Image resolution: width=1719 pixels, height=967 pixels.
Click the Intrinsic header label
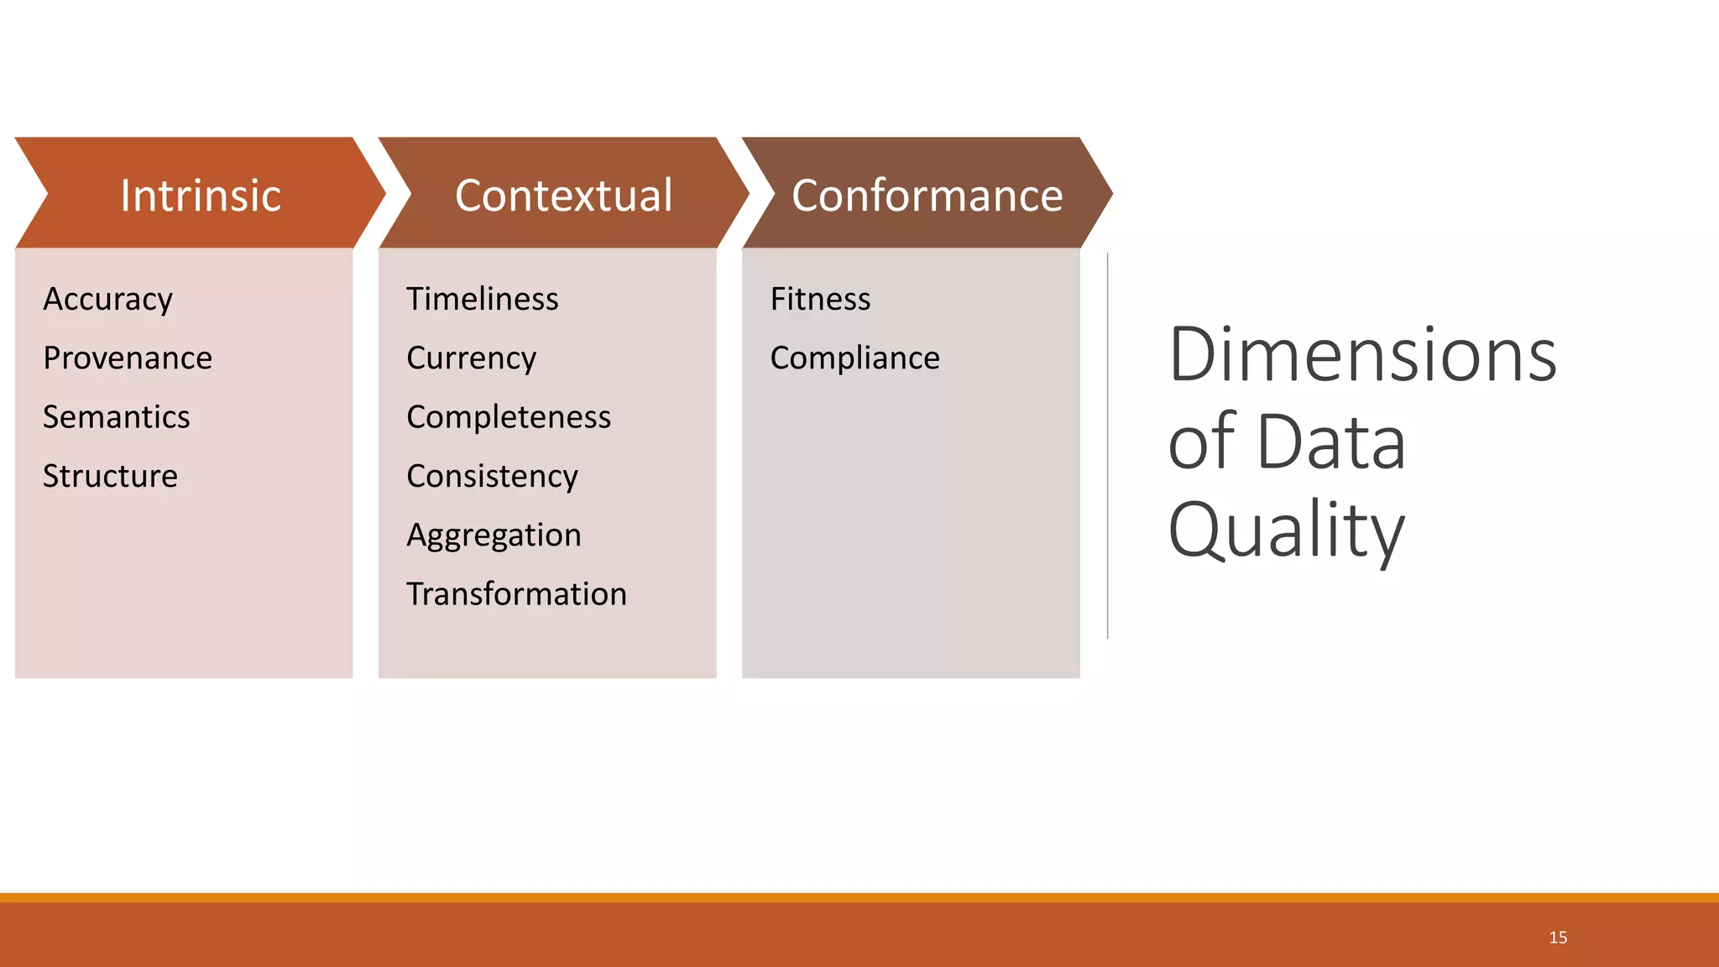(x=200, y=196)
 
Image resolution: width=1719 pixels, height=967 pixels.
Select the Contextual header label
(x=563, y=196)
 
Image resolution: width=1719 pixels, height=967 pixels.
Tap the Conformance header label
(x=927, y=196)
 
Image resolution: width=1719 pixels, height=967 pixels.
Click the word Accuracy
(x=107, y=300)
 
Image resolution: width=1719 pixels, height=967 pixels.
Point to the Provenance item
(x=128, y=358)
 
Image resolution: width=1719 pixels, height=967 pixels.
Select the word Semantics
(x=116, y=417)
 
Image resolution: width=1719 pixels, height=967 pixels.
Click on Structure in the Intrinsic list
(x=110, y=476)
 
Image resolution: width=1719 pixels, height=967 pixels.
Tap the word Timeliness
(x=482, y=300)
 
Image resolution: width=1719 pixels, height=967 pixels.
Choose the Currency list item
(x=471, y=358)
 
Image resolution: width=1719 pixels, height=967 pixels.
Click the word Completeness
(x=509, y=417)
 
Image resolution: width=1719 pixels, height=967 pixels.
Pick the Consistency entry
(x=492, y=476)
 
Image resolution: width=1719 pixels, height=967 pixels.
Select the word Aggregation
(x=494, y=536)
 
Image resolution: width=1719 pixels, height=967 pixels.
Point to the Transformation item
(x=516, y=594)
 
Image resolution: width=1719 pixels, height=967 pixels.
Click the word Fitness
(x=820, y=300)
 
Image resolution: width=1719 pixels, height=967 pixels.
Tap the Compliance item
(x=854, y=358)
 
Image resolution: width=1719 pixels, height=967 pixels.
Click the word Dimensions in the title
(x=1361, y=355)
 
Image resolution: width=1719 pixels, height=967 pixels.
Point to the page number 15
(x=1558, y=938)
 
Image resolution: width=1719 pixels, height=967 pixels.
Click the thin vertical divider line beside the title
(x=1108, y=445)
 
